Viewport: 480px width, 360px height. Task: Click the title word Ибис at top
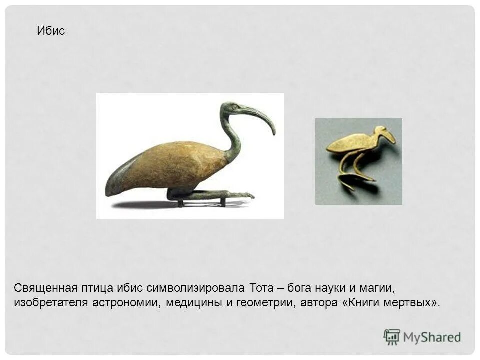pos(51,31)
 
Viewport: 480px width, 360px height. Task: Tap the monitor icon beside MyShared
pos(392,337)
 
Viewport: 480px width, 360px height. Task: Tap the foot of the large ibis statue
pos(245,195)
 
